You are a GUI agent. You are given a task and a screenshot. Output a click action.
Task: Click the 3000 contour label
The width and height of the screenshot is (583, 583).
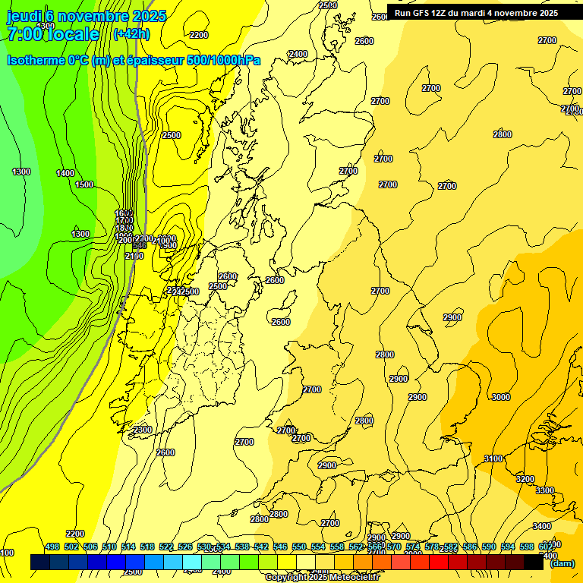(x=500, y=397)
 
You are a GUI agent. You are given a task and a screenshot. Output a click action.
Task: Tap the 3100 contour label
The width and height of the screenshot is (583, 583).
(x=493, y=459)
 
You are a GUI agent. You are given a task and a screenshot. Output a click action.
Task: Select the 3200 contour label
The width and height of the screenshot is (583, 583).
(x=525, y=479)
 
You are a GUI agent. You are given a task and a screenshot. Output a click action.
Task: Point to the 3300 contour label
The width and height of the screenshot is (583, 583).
(x=544, y=490)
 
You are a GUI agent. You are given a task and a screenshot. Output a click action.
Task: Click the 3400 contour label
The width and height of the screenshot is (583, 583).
(x=541, y=526)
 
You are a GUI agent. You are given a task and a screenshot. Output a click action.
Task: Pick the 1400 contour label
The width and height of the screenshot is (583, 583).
(x=65, y=173)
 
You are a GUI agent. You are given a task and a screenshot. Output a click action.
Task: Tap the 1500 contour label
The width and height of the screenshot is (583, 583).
(x=84, y=184)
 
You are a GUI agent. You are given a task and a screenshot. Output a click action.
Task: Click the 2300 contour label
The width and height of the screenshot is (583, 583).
(x=142, y=430)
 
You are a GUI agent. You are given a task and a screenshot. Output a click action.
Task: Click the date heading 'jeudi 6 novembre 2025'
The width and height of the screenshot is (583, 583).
(x=86, y=15)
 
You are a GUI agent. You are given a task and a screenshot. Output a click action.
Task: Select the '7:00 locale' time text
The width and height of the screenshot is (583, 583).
(x=53, y=34)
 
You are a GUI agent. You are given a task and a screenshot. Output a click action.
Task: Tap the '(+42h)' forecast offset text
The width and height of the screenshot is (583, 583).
(x=131, y=34)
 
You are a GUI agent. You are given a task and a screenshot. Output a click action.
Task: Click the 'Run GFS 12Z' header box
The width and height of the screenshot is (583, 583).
(x=476, y=12)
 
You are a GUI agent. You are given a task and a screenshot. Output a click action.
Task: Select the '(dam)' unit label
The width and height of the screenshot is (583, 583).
(x=562, y=563)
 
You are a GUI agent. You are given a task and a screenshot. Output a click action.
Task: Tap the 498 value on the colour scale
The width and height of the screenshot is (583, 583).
(x=52, y=547)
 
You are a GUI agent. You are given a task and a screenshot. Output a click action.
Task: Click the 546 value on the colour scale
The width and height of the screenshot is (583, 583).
(x=280, y=547)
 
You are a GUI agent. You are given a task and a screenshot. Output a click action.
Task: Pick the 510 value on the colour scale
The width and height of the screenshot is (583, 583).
(x=109, y=547)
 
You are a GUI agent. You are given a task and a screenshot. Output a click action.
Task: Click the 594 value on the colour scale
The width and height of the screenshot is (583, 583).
(x=508, y=547)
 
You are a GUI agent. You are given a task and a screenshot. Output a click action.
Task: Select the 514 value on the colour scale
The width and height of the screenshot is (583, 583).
(x=128, y=547)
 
